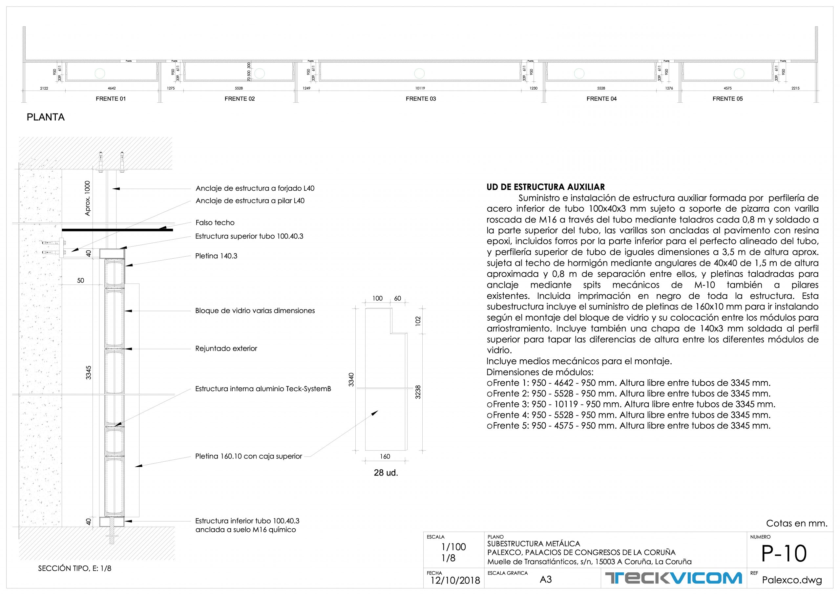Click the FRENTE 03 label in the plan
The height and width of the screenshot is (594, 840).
point(421,99)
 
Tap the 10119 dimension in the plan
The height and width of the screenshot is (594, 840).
point(420,88)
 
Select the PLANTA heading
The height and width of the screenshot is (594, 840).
point(46,117)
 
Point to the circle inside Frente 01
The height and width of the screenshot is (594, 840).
point(99,74)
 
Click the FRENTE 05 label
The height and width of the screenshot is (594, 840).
point(727,99)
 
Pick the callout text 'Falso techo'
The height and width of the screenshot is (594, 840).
point(215,223)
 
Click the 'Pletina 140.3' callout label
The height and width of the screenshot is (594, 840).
point(216,256)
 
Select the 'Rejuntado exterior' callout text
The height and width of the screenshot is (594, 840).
point(226,349)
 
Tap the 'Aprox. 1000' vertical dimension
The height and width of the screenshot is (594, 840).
point(87,198)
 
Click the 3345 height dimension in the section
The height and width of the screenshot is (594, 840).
point(89,372)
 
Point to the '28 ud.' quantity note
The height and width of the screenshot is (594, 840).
point(386,473)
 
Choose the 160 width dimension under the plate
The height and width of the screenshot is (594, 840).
point(385,456)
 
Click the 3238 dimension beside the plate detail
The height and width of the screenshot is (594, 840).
point(418,392)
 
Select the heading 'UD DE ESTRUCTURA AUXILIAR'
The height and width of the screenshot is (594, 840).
point(545,187)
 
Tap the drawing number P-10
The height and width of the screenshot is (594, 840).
point(784,554)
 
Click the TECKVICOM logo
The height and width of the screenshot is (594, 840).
point(673,578)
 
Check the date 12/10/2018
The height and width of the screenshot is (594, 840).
point(455,581)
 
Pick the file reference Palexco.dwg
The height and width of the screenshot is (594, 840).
point(792,580)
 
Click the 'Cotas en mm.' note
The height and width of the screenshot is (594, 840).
point(796,523)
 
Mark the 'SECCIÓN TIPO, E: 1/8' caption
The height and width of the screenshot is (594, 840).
point(74,568)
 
